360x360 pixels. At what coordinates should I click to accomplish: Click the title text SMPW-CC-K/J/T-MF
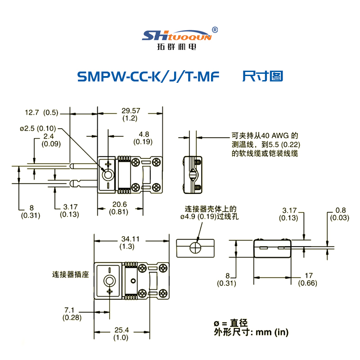pos(148,76)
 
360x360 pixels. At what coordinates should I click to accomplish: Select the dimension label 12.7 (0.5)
pos(41,112)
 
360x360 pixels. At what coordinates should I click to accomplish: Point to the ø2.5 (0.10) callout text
pos(39,128)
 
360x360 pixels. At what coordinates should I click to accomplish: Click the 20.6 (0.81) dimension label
pos(119,208)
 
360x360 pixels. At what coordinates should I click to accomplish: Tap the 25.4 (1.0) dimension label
pos(121,333)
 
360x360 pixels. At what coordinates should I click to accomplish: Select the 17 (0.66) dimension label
pos(308,279)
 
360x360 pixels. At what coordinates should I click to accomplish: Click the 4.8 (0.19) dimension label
pos(144,138)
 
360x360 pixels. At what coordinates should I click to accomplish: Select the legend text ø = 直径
pos(230,323)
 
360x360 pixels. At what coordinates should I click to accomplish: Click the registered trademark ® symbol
pos(215,30)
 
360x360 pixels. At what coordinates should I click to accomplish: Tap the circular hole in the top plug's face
pos(108,174)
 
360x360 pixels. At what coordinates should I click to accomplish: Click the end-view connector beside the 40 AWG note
pos(192,173)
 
